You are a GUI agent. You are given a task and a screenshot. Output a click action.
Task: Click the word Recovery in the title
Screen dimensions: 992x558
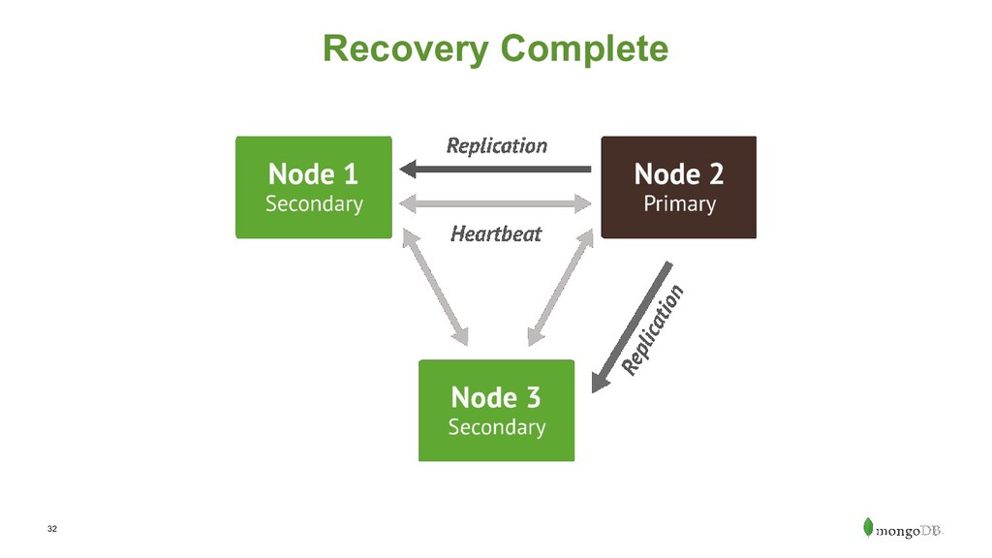tap(406, 49)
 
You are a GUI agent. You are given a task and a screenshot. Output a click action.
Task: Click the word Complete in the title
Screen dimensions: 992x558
tap(584, 49)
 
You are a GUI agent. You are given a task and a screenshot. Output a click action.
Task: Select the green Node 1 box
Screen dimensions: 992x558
tap(314, 187)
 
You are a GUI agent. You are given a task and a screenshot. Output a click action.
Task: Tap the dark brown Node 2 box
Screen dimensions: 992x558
tap(679, 187)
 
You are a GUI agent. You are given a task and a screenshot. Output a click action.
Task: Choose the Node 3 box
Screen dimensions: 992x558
tap(497, 411)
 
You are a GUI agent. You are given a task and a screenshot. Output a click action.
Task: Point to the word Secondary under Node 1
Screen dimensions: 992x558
tap(315, 204)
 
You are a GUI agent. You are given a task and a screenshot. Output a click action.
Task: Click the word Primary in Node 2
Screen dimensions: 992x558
tap(679, 204)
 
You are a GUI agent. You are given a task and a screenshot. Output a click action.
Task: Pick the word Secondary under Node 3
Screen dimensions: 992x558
tap(497, 427)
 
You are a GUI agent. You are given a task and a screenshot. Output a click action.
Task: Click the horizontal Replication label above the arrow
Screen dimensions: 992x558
tap(497, 146)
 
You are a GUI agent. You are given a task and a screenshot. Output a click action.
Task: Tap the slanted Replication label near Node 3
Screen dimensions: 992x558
tap(653, 329)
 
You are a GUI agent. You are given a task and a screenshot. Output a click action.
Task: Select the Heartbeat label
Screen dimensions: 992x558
tap(496, 234)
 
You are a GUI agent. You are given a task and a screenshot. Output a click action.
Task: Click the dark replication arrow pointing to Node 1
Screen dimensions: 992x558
tap(495, 169)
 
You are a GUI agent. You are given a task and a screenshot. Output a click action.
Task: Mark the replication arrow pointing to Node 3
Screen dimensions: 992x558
tap(632, 327)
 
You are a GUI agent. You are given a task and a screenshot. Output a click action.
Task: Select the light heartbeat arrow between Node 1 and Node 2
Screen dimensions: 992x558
tap(495, 203)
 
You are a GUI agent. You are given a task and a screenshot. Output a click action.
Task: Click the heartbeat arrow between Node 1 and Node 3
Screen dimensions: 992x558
tap(435, 287)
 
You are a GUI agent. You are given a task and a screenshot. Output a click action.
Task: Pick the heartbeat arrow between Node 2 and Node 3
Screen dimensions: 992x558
tap(561, 287)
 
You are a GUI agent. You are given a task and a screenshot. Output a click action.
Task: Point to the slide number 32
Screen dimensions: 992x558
tap(52, 529)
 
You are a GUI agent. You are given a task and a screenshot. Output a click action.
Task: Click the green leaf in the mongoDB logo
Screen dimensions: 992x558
tap(868, 527)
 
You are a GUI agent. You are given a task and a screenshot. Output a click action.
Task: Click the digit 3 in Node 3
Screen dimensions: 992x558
tap(534, 398)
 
